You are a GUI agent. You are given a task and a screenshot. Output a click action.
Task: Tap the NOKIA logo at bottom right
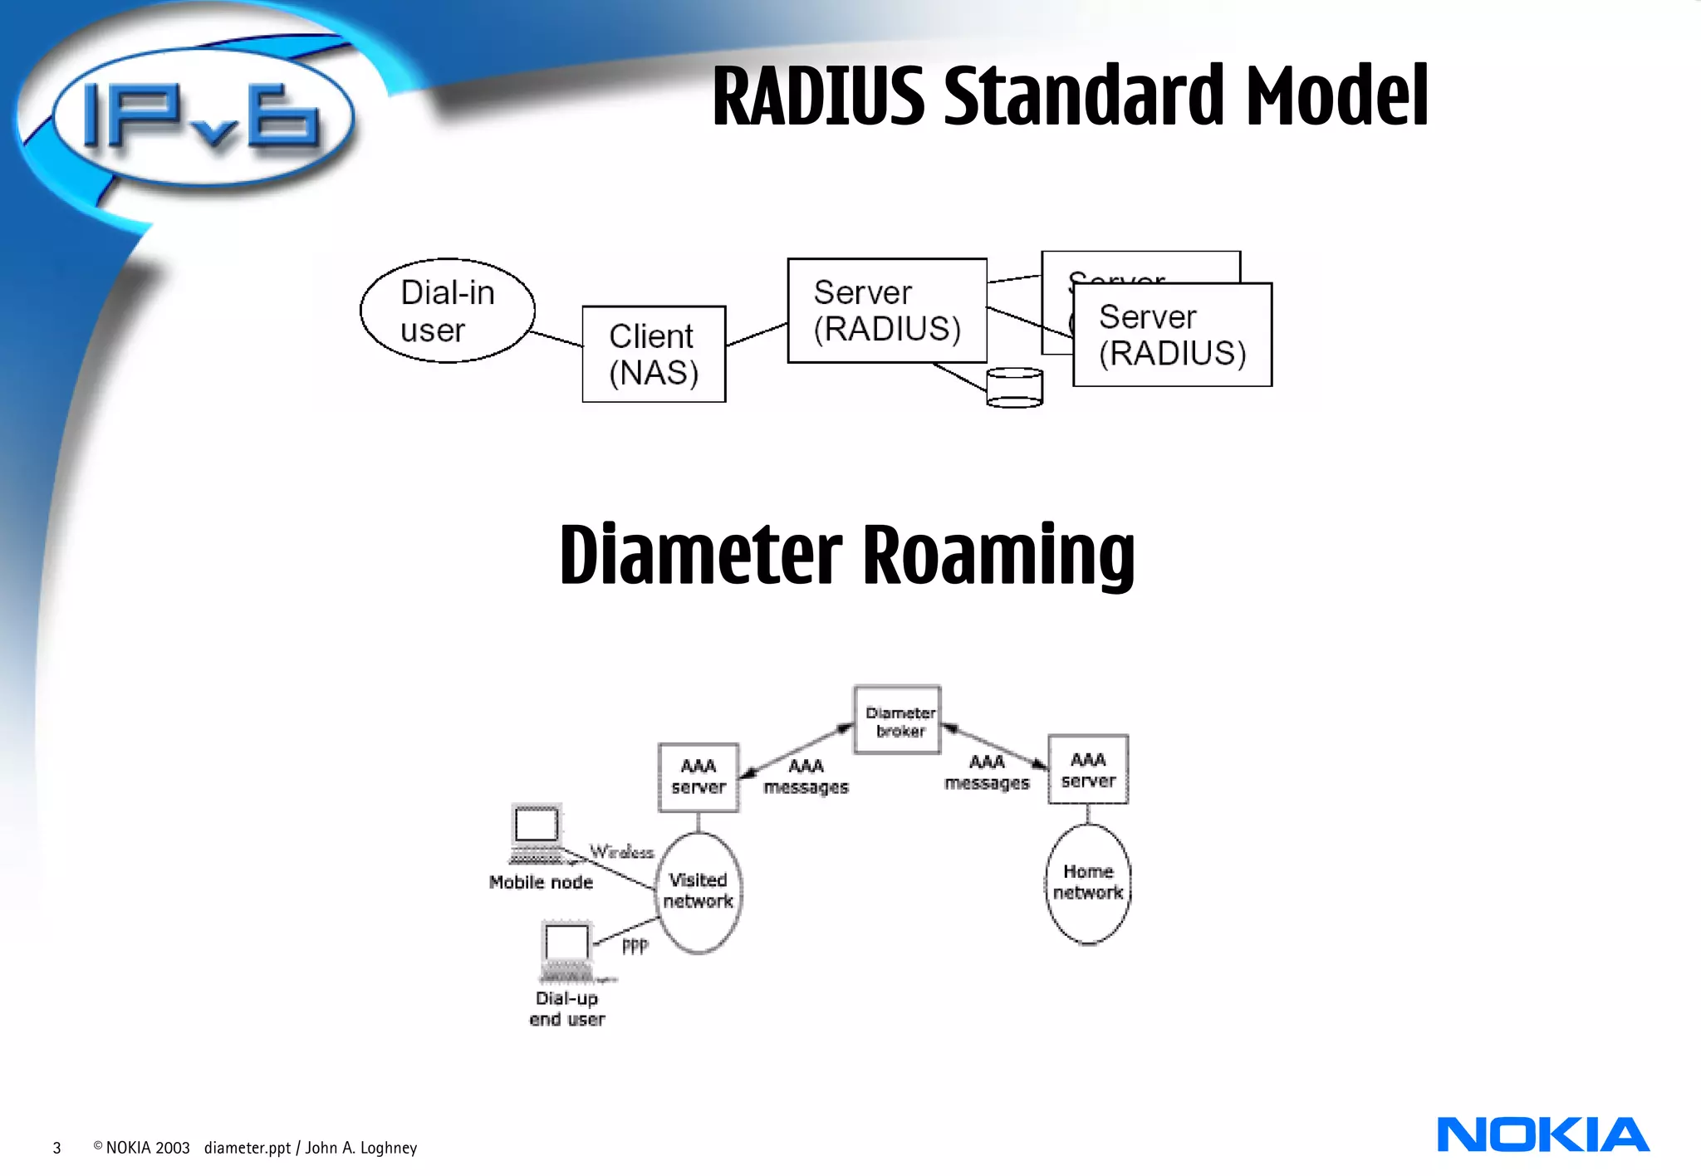coord(1542,1135)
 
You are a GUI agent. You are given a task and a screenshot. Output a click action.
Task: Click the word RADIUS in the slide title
coord(818,96)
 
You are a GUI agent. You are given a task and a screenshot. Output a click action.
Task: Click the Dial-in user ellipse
coord(447,311)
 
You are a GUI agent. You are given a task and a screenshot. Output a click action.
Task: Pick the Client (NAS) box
coord(654,355)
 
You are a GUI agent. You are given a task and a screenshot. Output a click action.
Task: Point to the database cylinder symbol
coord(1014,388)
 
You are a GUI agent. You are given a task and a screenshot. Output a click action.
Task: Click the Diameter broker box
coord(898,720)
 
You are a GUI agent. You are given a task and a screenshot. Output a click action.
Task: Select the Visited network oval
coord(699,892)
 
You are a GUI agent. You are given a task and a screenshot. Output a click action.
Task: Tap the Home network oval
coord(1087,884)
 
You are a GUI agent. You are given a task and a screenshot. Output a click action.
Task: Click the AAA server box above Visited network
coord(699,777)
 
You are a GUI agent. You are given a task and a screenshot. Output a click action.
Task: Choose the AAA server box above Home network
coord(1087,770)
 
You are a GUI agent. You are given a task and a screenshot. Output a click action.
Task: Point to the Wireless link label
coord(621,852)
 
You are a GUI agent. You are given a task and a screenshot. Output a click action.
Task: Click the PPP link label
coord(635,946)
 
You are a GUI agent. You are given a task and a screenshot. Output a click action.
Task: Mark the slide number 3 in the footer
coord(56,1149)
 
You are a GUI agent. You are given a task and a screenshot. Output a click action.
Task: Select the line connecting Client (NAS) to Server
coord(756,335)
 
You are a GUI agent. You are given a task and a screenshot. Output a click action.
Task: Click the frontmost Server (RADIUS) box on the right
coord(1172,336)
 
